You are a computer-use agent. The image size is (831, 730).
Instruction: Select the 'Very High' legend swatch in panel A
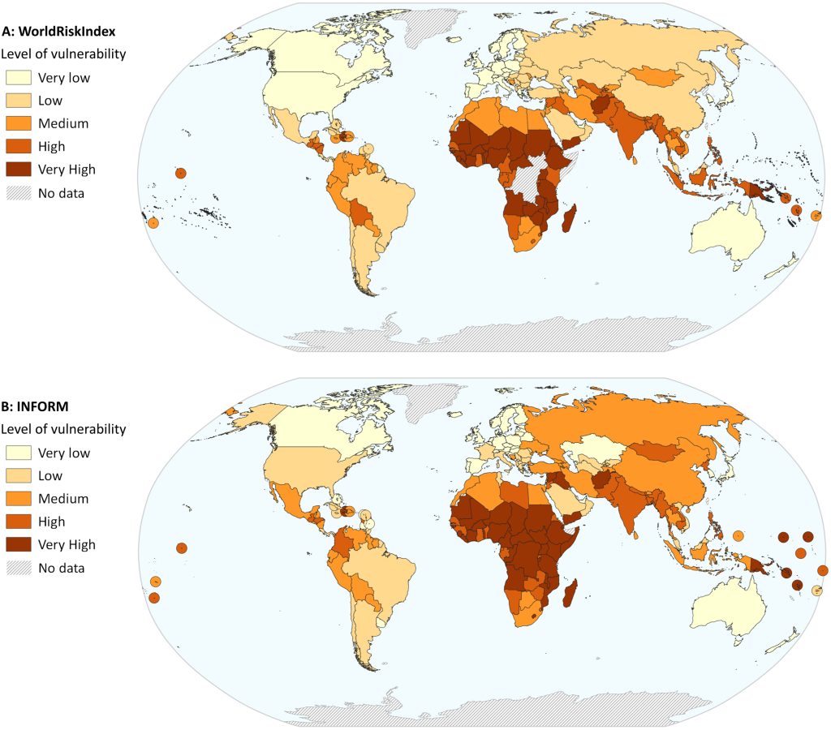coord(19,170)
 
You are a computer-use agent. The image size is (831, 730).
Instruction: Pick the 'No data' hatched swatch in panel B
coord(19,567)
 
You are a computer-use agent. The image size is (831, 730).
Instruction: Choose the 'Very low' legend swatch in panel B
coord(19,453)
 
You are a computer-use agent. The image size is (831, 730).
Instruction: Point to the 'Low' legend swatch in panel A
coord(19,101)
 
